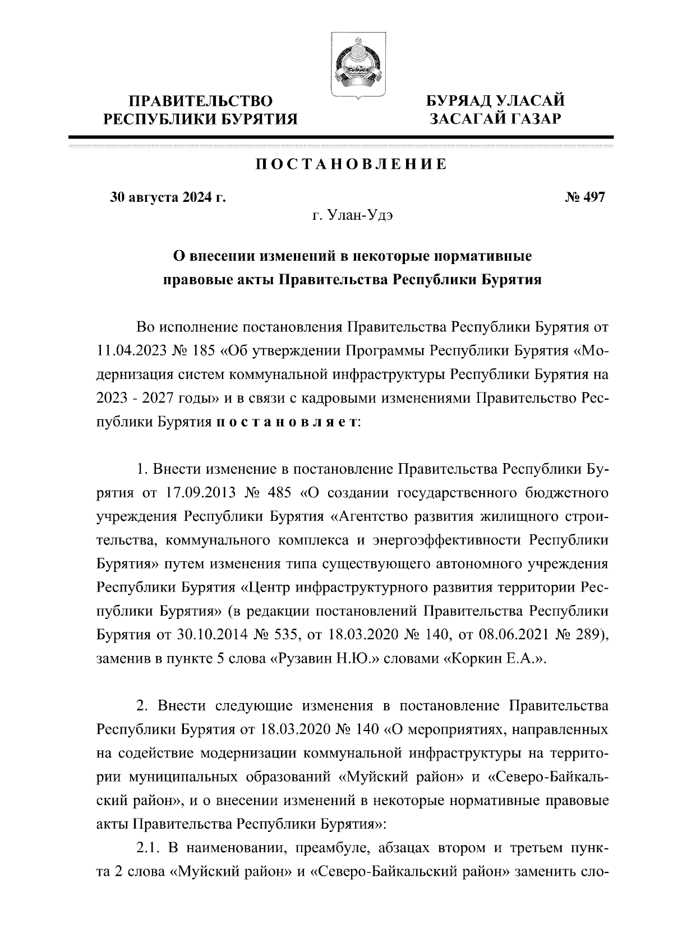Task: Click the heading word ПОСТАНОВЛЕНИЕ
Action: click(x=352, y=164)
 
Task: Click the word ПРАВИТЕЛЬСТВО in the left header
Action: click(x=201, y=101)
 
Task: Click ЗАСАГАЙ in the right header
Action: click(x=467, y=118)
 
